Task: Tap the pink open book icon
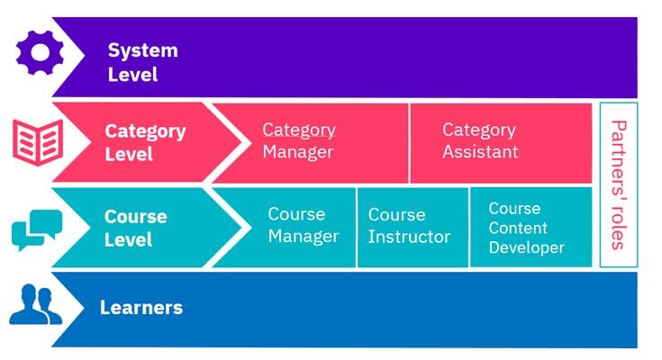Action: [38, 142]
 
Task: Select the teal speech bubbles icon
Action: [37, 229]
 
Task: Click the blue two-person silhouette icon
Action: [35, 304]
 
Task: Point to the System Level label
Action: [142, 62]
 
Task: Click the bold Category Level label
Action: [145, 142]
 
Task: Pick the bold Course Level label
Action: [135, 228]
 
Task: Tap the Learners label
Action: [141, 307]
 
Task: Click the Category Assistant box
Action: [501, 143]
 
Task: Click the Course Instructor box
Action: [413, 227]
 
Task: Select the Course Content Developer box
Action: [531, 227]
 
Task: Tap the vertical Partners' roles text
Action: [619, 184]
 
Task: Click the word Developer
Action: [527, 247]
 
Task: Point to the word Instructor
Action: [409, 237]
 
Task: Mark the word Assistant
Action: [480, 151]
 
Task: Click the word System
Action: [142, 51]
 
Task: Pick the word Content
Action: [518, 229]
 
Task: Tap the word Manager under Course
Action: [304, 237]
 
